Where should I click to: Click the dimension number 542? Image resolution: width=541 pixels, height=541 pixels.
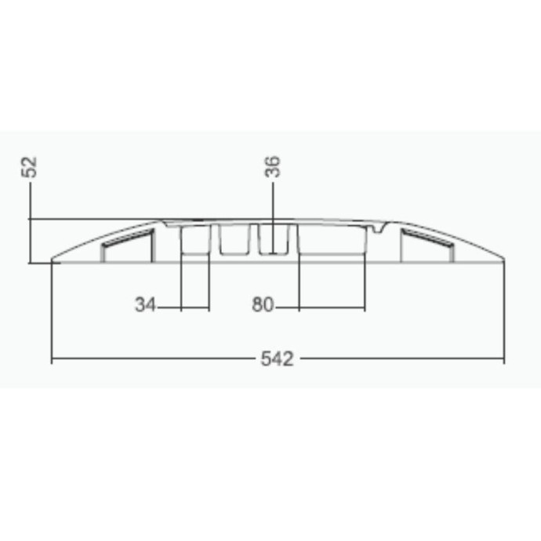(x=277, y=358)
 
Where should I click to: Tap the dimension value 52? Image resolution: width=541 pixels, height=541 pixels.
(x=29, y=167)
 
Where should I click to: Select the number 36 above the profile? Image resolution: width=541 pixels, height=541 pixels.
(x=273, y=167)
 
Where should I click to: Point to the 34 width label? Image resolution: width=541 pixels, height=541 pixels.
(x=145, y=305)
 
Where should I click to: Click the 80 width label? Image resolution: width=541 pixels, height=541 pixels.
(x=263, y=305)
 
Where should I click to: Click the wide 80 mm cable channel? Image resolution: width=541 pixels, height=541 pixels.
(x=332, y=240)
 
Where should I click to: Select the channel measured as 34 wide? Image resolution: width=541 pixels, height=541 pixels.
(x=195, y=241)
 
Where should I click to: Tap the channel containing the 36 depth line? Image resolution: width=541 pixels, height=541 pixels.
(x=273, y=239)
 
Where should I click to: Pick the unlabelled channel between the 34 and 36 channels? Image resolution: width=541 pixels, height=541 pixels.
(x=234, y=240)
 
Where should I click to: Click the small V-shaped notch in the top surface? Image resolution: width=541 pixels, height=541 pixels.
(x=379, y=227)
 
